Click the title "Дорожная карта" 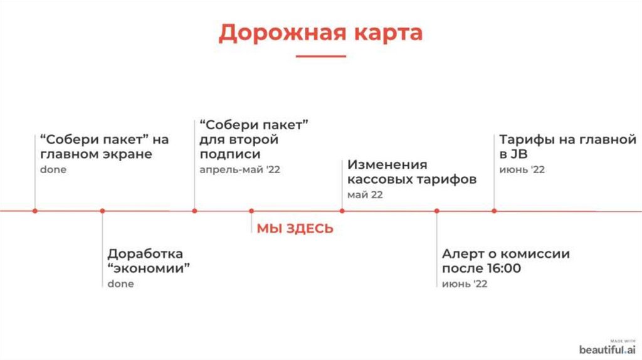click(320, 33)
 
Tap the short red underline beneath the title click(320, 56)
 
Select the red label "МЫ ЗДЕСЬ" click(295, 229)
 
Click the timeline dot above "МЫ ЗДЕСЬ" click(251, 211)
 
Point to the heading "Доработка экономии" click(149, 262)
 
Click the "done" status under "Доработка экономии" click(120, 284)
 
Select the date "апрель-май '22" click(239, 170)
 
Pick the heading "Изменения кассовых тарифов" click(412, 172)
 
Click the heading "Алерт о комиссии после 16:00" click(505, 262)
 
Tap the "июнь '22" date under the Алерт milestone click(464, 284)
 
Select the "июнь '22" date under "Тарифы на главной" click(522, 170)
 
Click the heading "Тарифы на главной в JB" click(567, 147)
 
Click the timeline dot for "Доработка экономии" click(102, 211)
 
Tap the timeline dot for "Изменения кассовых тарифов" click(342, 211)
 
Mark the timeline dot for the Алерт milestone click(437, 211)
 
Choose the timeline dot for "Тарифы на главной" click(494, 211)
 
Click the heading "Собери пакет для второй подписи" click(254, 139)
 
